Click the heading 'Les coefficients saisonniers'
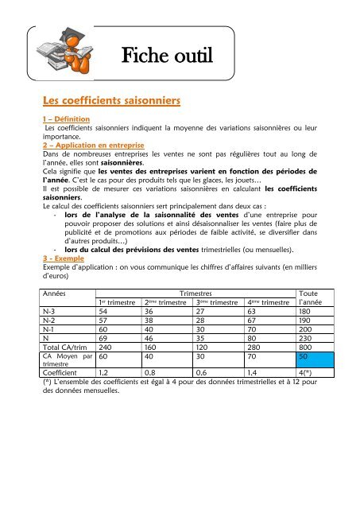click(113, 101)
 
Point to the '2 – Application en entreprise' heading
click(92, 146)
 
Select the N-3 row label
click(52, 312)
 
